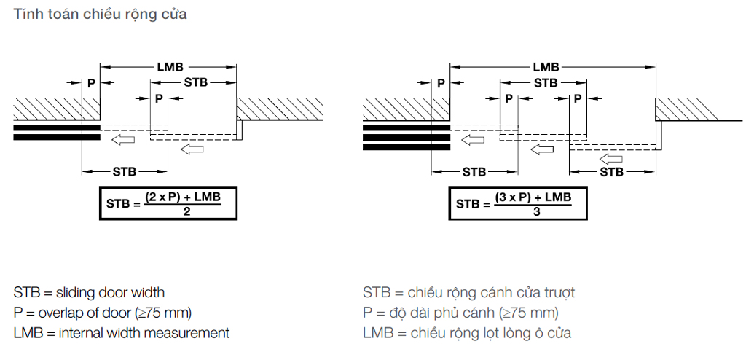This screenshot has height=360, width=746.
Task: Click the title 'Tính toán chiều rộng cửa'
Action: click(100, 15)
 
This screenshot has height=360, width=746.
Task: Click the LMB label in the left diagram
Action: click(170, 67)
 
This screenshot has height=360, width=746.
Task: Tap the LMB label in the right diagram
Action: click(546, 67)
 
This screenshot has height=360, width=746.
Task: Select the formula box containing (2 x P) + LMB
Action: click(168, 203)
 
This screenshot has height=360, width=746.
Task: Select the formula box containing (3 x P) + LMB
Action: click(518, 203)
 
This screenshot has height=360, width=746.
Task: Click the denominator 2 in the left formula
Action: click(186, 211)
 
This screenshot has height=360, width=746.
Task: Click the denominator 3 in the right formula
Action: click(536, 211)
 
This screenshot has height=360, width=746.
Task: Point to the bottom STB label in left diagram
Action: click(125, 171)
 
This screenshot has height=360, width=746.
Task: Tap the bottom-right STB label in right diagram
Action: click(611, 171)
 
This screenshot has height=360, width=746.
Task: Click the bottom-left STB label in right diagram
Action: click(474, 171)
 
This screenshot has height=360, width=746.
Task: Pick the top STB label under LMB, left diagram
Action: click(196, 82)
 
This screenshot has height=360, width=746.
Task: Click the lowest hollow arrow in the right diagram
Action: click(611, 159)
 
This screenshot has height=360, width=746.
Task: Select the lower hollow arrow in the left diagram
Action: click(192, 149)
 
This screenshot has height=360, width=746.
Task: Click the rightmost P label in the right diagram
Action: click(578, 98)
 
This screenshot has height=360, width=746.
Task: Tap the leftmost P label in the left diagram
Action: click(91, 83)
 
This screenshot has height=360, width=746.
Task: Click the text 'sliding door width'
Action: click(111, 292)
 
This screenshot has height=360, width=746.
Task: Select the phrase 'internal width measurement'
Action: click(144, 333)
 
